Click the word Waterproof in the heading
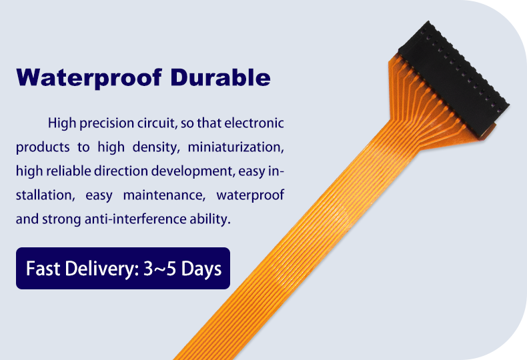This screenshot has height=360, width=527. tap(89, 78)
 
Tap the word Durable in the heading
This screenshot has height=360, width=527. tap(220, 77)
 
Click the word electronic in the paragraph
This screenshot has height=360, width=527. tap(254, 123)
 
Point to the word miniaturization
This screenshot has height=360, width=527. tap(235, 147)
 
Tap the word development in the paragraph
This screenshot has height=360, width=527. tap(193, 171)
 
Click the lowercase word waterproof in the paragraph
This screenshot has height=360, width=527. tap(250, 196)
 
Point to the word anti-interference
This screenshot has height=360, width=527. tap(135, 219)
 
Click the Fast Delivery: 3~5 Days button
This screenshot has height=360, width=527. tap(123, 268)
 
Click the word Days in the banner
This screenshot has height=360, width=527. tap(201, 269)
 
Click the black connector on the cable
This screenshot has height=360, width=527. tap(454, 79)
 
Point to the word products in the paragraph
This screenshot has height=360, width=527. tap(43, 148)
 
